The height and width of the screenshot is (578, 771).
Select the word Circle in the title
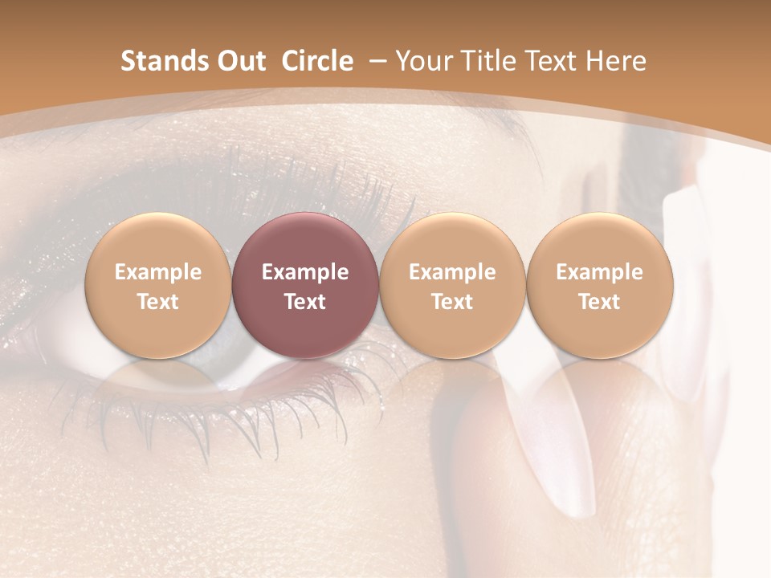click(317, 61)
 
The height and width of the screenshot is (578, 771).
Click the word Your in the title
click(422, 61)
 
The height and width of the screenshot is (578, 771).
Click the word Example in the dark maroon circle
click(305, 272)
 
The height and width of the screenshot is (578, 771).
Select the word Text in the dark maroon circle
click(305, 302)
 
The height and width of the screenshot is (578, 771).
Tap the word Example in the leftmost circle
click(158, 272)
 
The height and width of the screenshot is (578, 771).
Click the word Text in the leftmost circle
click(158, 302)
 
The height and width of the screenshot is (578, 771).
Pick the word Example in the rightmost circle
click(600, 272)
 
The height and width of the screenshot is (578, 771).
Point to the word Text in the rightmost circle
click(600, 302)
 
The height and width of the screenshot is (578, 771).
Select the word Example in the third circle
click(452, 272)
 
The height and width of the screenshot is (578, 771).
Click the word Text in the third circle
click(452, 302)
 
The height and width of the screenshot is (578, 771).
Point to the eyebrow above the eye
click(241, 173)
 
